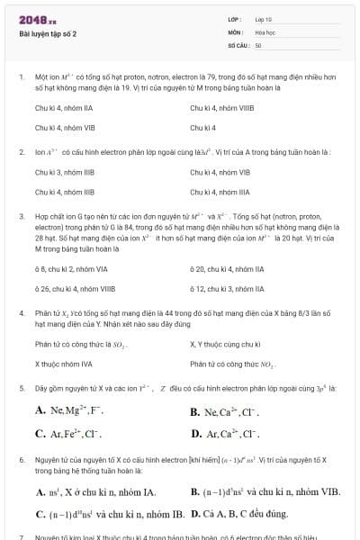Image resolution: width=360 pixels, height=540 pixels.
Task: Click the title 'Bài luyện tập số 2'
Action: [x=48, y=33]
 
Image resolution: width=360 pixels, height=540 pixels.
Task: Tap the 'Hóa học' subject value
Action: [x=265, y=31]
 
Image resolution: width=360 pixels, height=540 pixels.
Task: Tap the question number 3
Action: [x=20, y=217]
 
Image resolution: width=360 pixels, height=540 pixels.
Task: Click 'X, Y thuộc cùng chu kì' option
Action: [x=225, y=344]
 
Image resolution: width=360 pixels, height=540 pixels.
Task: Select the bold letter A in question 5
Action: [x=40, y=411]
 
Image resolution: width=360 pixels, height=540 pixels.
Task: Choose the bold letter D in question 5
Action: [x=196, y=434]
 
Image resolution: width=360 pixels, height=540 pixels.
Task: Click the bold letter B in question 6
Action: [x=196, y=492]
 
